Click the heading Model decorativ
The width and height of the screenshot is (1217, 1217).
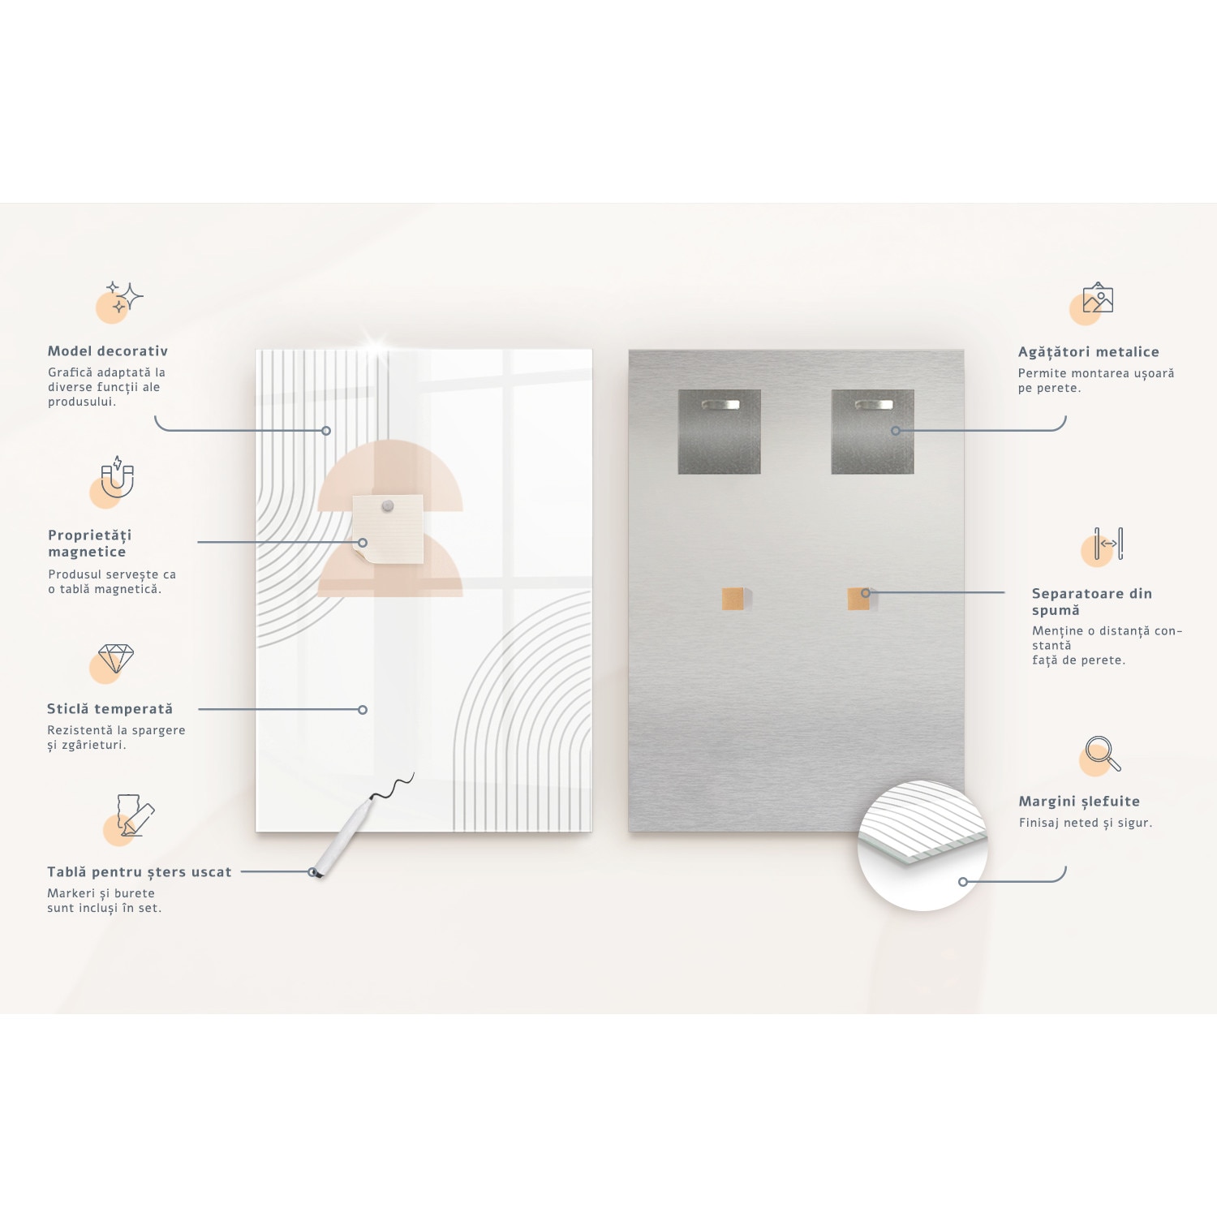[x=108, y=351]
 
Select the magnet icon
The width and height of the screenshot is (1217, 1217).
[x=117, y=476]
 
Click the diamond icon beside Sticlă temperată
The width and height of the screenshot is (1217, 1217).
[x=115, y=658]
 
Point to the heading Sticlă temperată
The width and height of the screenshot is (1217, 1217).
[x=110, y=709]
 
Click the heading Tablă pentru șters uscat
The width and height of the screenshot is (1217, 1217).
[x=139, y=872]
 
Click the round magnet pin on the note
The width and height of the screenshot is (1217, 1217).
[x=388, y=506]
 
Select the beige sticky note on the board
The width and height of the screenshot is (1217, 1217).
[x=389, y=529]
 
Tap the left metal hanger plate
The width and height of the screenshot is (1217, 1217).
[x=719, y=432]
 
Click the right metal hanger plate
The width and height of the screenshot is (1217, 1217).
[x=872, y=432]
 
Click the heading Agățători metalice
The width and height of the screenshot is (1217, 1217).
[x=1088, y=352]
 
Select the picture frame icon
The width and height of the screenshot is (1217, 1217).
[x=1098, y=299]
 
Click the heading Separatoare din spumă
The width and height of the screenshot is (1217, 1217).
[x=1091, y=602]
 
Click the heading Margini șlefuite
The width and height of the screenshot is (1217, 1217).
[x=1079, y=802]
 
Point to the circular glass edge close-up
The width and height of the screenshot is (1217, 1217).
[x=922, y=845]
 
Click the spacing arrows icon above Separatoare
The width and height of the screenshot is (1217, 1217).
[x=1108, y=544]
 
